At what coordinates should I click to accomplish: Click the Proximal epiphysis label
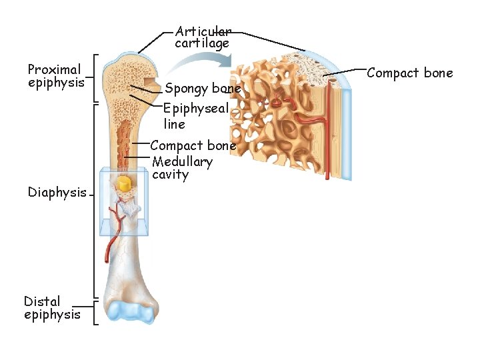coord(55,76)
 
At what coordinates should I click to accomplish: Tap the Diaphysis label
coord(57,193)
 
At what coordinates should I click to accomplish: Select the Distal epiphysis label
coord(52,308)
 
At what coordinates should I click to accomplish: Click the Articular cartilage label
coord(203,37)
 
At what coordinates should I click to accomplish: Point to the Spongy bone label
coord(203,88)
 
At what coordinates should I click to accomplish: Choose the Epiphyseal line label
coord(195,116)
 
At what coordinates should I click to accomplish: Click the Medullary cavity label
coord(182,168)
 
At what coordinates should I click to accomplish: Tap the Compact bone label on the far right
coord(409,73)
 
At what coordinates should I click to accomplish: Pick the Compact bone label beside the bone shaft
coord(193,145)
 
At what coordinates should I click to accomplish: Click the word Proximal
coord(54,69)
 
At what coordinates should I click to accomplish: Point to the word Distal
coord(42,301)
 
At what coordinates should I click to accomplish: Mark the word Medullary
coord(182,161)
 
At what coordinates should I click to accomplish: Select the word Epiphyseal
coord(196,109)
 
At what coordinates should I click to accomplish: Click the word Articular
coord(203,31)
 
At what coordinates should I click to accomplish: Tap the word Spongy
coord(187,88)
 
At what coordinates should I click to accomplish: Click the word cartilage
coord(202,43)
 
